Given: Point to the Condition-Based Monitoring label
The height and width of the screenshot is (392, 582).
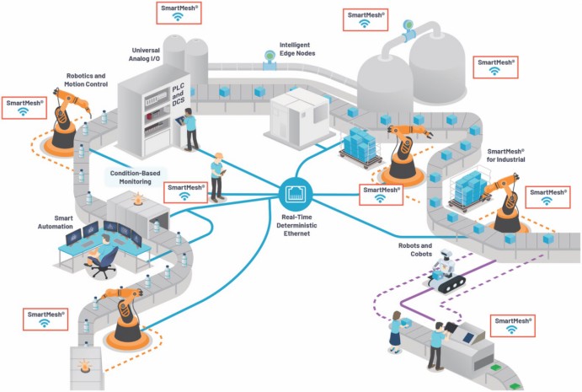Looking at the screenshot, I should point(137,176).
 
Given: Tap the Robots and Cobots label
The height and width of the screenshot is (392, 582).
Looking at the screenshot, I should point(414,250).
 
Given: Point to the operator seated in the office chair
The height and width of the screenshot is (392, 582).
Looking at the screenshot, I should point(104,250).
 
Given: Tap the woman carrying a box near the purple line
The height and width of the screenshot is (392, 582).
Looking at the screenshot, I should point(393,331).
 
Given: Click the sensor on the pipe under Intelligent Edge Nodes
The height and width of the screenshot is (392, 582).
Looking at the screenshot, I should point(270,57).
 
